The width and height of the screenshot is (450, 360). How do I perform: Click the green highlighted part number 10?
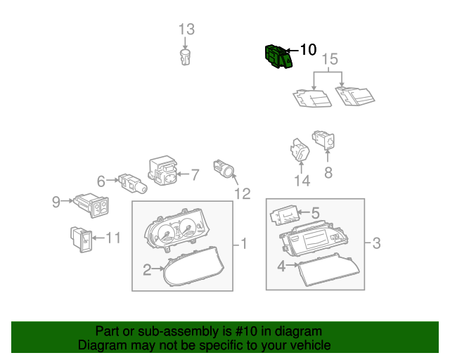click(278, 56)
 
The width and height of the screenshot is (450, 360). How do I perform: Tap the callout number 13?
click(186, 30)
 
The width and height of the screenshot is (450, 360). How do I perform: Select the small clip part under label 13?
click(186, 57)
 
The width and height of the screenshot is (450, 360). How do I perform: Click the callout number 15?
click(330, 59)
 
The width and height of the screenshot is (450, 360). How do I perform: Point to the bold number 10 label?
click(308, 50)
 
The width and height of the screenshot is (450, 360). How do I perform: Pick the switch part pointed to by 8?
click(323, 141)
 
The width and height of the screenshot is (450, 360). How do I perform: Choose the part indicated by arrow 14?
click(300, 150)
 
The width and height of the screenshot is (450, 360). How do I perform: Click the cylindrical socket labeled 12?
click(224, 169)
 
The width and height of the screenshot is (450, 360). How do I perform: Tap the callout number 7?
click(195, 174)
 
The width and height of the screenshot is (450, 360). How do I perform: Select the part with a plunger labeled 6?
click(133, 183)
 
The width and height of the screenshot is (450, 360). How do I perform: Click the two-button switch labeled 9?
click(91, 205)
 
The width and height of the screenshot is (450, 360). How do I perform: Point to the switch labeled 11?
click(82, 240)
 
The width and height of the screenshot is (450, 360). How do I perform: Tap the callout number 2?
click(147, 270)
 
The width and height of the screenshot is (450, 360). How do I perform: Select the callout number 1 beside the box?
click(244, 244)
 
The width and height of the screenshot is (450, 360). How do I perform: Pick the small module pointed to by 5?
click(285, 215)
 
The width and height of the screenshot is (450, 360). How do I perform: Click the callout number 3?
click(377, 243)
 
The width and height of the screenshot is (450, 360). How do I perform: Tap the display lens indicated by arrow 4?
click(328, 270)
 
